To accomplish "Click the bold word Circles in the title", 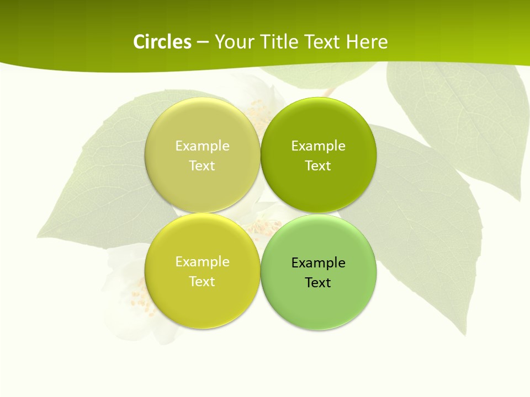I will click(162, 42).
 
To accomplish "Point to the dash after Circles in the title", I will click(203, 42).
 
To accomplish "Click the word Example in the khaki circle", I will click(202, 146).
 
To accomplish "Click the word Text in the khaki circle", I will click(202, 165).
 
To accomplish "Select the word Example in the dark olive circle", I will click(318, 146).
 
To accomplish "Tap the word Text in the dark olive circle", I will click(318, 165).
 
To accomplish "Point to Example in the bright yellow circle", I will click(202, 261).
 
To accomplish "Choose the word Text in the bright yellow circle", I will click(202, 281).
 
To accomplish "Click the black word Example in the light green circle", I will click(318, 262).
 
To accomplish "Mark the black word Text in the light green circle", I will click(318, 282).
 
